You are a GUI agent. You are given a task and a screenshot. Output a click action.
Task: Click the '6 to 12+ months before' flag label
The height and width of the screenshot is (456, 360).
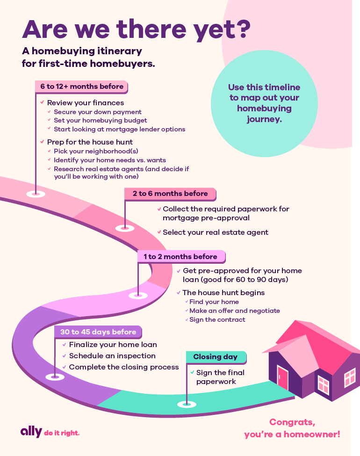[x=81, y=87]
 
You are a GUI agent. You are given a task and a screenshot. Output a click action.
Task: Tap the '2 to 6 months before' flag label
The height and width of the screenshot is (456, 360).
[x=170, y=194]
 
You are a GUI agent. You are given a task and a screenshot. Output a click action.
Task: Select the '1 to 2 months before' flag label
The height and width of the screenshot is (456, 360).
[x=181, y=256]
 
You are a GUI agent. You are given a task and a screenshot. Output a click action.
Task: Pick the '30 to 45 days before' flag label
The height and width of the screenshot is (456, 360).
[x=98, y=332]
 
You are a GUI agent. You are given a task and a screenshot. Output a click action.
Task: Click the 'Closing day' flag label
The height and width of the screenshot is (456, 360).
[x=216, y=357]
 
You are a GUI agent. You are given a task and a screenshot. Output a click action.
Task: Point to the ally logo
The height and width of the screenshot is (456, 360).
[x=31, y=432]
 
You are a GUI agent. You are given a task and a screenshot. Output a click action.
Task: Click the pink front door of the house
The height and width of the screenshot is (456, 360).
[x=282, y=377]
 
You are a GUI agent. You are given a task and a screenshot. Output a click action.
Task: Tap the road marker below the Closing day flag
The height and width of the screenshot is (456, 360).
[x=187, y=404]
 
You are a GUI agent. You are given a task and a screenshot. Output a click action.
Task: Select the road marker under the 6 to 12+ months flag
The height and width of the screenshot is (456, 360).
[x=36, y=194]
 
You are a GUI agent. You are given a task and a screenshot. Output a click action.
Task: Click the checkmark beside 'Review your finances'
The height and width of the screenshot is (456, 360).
[x=42, y=102]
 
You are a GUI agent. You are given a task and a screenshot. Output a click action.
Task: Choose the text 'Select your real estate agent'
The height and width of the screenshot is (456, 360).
[x=216, y=232]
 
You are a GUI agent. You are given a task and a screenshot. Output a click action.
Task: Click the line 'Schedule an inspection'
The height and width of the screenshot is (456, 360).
[x=112, y=355]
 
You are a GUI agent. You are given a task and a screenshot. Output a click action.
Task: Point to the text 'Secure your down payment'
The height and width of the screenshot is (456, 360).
[x=98, y=112]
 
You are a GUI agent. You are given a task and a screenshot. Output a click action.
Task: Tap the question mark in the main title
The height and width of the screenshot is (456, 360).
[x=242, y=29]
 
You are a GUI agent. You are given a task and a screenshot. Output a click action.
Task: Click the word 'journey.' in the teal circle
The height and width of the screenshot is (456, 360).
[x=264, y=119]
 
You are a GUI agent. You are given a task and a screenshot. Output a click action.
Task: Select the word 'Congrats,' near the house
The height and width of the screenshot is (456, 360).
[x=292, y=422]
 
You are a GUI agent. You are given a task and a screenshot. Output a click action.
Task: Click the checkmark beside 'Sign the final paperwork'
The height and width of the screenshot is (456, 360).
[x=192, y=372]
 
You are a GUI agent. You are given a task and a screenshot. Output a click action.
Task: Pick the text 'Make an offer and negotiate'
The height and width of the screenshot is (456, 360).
[x=235, y=311]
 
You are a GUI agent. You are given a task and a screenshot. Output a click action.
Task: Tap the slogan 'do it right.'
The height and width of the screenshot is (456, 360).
[x=62, y=433]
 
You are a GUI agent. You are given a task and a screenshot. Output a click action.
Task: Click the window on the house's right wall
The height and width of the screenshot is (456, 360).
[x=350, y=377]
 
